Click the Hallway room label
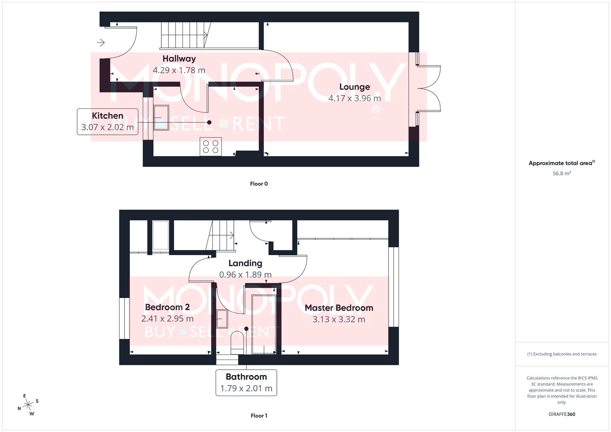click(x=179, y=58)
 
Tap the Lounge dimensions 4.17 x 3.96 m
click(x=355, y=98)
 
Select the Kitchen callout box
click(x=108, y=122)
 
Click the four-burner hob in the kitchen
click(x=210, y=147)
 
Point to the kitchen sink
click(x=161, y=117)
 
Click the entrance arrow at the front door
click(x=100, y=42)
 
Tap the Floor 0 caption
click(x=259, y=184)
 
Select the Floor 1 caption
click(x=259, y=416)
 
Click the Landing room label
click(x=245, y=263)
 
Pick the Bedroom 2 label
click(x=167, y=307)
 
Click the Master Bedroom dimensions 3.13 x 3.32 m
click(x=339, y=319)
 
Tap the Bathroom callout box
click(x=246, y=382)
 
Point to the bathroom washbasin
click(x=222, y=319)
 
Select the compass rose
click(x=28, y=405)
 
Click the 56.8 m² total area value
click(x=562, y=174)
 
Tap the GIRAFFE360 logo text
click(x=562, y=414)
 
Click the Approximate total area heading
click(x=562, y=163)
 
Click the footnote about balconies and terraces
click(x=562, y=354)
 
